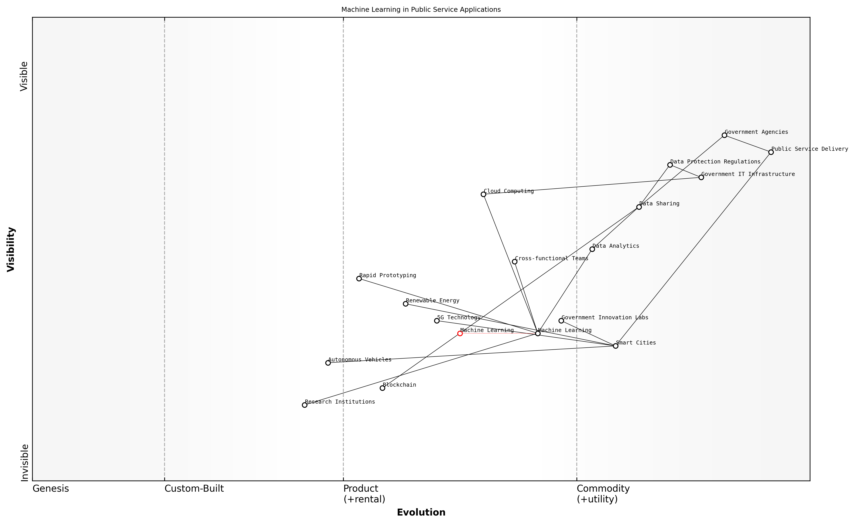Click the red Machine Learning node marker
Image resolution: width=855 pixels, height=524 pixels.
click(460, 334)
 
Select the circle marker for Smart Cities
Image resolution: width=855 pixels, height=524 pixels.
click(616, 346)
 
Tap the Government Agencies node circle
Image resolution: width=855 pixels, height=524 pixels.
click(724, 135)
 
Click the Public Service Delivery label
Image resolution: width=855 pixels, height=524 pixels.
click(810, 149)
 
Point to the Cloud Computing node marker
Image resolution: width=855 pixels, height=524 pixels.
click(483, 194)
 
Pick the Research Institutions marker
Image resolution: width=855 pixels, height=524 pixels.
click(305, 405)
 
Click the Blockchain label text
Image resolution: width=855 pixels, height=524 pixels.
click(399, 385)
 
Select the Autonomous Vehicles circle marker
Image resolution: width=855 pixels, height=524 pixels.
click(328, 363)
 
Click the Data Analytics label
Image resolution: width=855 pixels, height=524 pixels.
click(616, 246)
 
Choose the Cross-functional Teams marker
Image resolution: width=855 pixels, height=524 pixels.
click(515, 262)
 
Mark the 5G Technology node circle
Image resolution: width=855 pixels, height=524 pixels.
click(437, 321)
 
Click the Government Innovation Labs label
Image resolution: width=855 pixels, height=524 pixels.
click(604, 318)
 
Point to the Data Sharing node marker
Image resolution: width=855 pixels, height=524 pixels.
click(639, 207)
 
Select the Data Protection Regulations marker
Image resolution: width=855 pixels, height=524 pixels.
click(670, 165)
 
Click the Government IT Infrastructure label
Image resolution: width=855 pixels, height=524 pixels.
click(748, 174)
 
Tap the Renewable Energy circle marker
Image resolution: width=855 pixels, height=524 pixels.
click(406, 304)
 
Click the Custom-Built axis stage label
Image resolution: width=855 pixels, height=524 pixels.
click(194, 489)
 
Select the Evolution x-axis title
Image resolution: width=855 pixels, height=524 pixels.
click(421, 513)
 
